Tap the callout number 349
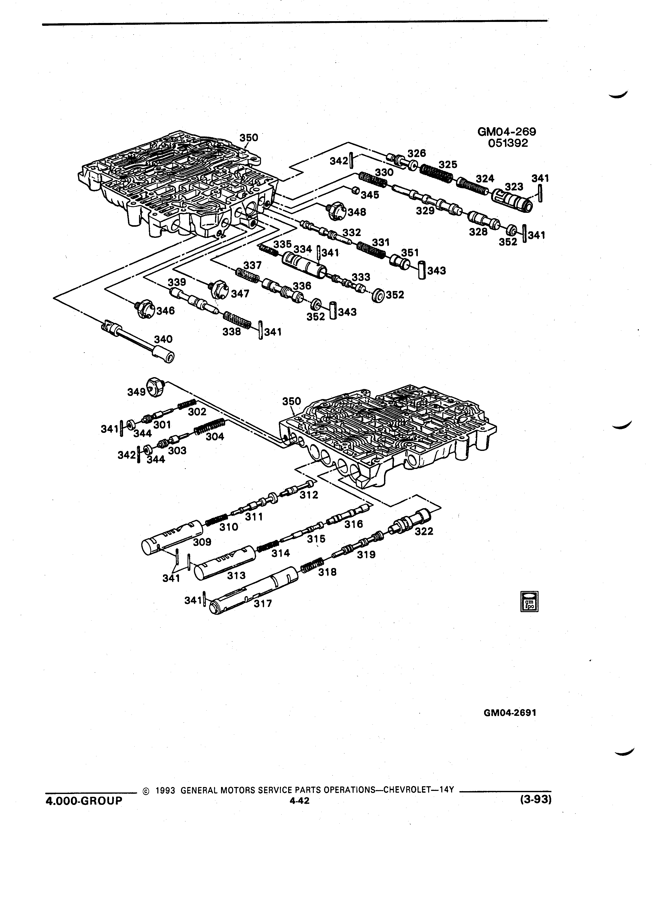click(x=136, y=392)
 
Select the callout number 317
click(x=263, y=603)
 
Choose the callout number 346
click(x=165, y=311)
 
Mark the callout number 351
click(x=410, y=253)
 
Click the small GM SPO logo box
click(x=529, y=601)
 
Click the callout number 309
click(x=202, y=542)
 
